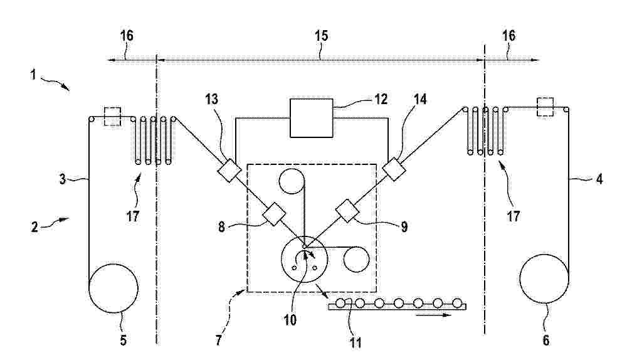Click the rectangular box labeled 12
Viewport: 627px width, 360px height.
click(312, 118)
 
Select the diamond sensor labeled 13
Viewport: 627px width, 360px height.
click(229, 171)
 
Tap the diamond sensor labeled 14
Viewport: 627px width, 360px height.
click(394, 169)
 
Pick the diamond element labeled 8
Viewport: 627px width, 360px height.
click(274, 214)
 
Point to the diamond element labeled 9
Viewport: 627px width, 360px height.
click(347, 211)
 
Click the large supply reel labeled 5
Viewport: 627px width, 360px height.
click(113, 288)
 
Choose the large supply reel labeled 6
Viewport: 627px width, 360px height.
click(544, 279)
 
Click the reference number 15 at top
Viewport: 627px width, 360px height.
click(321, 36)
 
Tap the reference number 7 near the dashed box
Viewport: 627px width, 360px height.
click(218, 341)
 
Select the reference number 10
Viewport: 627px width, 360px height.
click(290, 320)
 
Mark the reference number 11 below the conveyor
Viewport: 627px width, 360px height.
click(356, 342)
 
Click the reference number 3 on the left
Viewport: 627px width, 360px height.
click(62, 179)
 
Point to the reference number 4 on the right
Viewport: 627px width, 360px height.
click(599, 179)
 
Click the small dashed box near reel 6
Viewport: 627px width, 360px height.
click(546, 107)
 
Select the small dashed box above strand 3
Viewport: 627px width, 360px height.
click(112, 117)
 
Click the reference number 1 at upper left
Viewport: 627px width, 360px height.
click(34, 75)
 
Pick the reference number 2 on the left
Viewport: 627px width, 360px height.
click(34, 227)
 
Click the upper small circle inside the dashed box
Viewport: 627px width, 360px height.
click(292, 181)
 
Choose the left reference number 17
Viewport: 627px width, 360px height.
click(132, 216)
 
